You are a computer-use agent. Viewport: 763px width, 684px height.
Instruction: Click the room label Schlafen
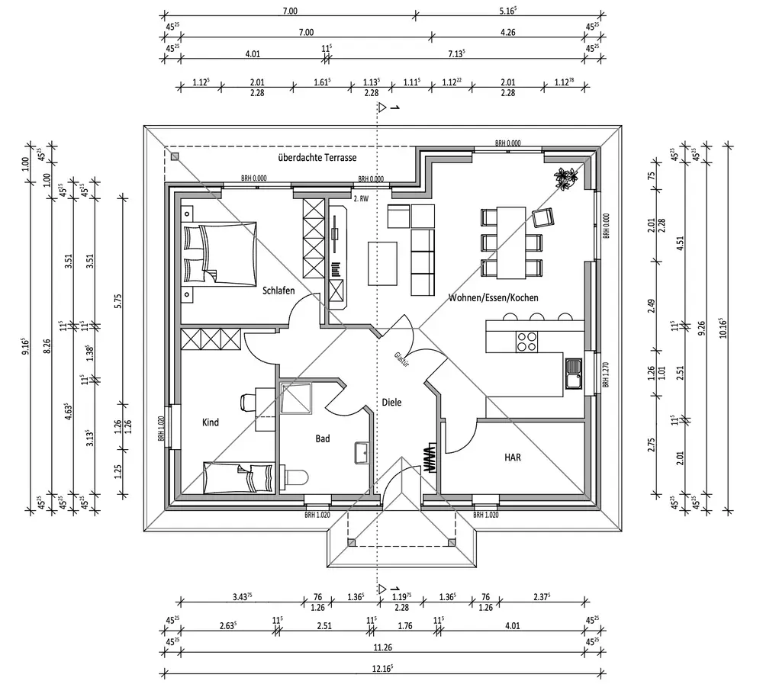click(278, 291)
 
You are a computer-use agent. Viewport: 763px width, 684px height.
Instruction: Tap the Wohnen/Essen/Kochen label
click(493, 297)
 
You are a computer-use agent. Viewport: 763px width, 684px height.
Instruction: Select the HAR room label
click(512, 457)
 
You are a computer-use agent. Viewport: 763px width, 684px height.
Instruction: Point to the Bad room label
click(323, 438)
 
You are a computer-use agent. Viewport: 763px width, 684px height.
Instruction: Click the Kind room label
click(211, 422)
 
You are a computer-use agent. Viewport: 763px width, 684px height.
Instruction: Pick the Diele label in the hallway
click(391, 402)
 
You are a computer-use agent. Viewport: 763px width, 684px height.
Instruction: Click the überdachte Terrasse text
click(317, 157)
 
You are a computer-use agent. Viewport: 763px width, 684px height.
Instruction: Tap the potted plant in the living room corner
click(565, 178)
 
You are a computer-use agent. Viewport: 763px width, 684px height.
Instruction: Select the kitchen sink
click(574, 373)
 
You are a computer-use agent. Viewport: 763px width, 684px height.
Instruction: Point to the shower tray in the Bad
click(296, 397)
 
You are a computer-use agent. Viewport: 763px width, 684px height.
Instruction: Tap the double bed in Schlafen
click(218, 253)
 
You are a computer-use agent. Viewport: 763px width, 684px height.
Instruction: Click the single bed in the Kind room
click(239, 477)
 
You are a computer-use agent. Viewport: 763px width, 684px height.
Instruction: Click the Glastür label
click(401, 361)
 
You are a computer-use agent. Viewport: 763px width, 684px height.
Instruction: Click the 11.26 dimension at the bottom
click(384, 649)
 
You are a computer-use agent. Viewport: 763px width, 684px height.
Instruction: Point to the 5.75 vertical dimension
click(118, 301)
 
